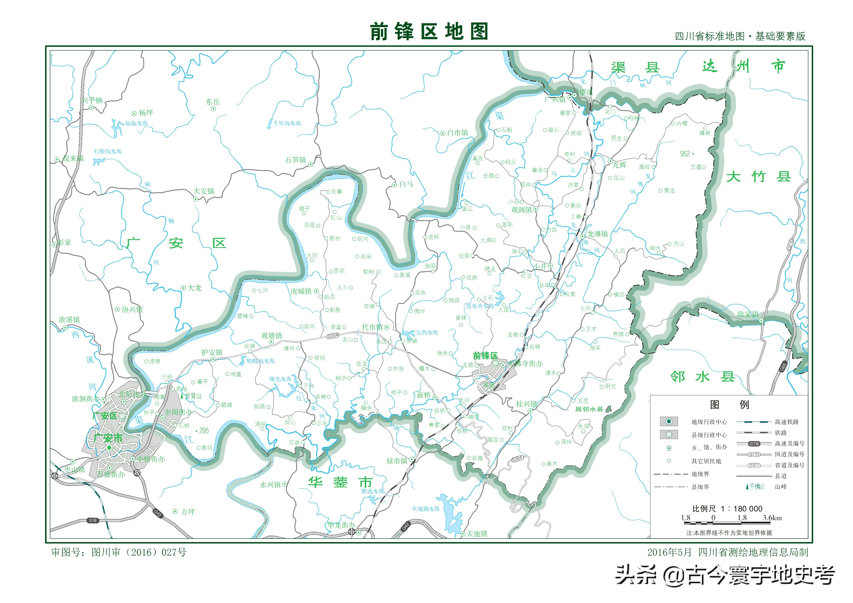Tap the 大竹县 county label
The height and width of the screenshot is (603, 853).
click(x=759, y=177)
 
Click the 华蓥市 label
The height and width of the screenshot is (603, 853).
click(x=340, y=482)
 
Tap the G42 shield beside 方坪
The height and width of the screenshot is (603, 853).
click(x=157, y=513)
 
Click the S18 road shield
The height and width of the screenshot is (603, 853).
click(x=93, y=520)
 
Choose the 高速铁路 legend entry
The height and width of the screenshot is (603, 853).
click(x=787, y=422)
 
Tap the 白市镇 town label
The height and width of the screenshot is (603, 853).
click(x=457, y=133)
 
